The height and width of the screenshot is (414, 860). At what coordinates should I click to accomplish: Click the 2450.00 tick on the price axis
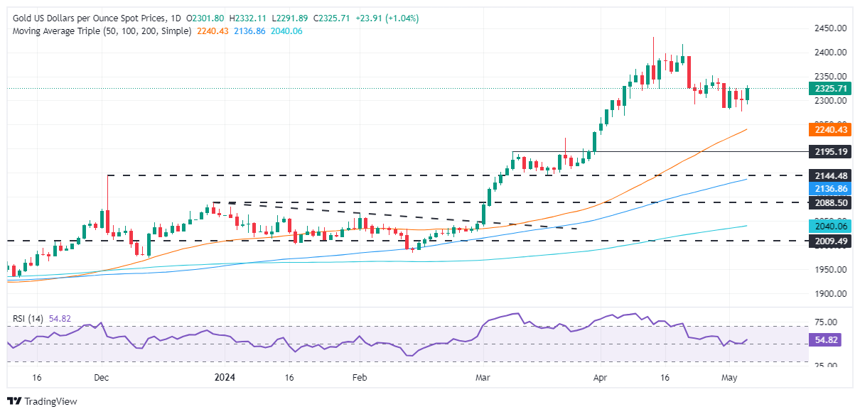829,28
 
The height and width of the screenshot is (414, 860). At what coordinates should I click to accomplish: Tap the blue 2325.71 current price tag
829,89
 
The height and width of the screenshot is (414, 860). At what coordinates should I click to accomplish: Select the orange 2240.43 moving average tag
829,129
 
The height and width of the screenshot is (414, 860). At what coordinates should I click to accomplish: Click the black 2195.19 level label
829,152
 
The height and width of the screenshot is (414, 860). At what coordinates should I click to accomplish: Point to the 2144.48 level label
829,175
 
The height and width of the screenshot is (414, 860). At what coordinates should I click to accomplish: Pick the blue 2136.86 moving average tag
829,188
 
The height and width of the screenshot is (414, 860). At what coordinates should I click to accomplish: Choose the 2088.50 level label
829,202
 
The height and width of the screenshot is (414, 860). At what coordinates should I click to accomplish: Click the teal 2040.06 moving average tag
829,226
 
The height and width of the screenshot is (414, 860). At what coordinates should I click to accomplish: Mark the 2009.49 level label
829,241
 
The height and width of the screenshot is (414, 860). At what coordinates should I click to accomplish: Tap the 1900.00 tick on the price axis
829,293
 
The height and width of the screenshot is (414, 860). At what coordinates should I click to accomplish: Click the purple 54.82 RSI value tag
824,341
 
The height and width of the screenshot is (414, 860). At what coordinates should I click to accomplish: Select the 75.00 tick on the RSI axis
824,322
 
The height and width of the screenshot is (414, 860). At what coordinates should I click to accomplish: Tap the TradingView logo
42,401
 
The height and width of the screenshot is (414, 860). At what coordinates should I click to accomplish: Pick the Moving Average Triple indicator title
100,31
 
